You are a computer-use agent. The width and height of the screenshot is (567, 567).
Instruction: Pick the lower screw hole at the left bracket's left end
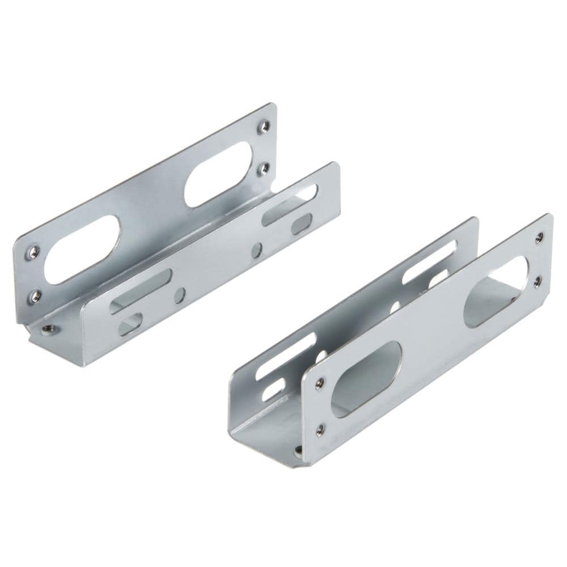click(35, 295)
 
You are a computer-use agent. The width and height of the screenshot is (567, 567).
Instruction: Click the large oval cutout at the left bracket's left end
click(82, 249)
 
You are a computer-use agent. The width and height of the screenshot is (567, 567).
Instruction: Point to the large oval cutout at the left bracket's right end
click(218, 174)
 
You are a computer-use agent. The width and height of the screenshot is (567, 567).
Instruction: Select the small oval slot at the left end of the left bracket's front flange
click(130, 324)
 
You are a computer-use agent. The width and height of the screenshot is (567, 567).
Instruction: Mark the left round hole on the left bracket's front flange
click(180, 295)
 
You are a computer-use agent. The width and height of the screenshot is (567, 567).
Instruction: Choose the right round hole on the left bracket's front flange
click(257, 250)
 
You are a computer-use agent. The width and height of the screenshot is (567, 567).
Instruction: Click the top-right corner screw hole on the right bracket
click(539, 238)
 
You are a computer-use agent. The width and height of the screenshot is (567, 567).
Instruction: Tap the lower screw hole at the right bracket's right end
click(537, 281)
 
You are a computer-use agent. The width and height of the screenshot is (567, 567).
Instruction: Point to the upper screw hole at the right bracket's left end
click(320, 384)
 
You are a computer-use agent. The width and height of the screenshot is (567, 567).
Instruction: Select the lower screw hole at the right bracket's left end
click(320, 429)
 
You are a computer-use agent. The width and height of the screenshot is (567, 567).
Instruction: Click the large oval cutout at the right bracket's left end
click(366, 379)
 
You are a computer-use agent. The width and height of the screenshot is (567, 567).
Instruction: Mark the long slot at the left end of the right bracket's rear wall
click(285, 356)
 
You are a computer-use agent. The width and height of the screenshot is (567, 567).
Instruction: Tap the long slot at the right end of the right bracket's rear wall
click(429, 261)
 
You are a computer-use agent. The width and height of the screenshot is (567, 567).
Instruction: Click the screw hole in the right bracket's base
click(299, 450)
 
